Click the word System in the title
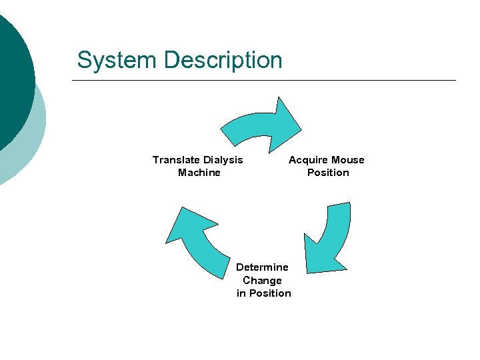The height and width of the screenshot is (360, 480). (117, 60)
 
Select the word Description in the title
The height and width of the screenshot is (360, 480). (223, 61)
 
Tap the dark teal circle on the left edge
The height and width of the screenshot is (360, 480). (12, 73)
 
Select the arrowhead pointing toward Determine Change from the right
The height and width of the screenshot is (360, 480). (319, 256)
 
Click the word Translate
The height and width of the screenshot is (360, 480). (176, 160)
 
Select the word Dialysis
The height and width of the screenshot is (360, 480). (223, 160)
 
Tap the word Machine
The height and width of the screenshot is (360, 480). (199, 173)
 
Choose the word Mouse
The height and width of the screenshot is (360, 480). (347, 160)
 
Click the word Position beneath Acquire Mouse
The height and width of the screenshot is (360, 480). (328, 173)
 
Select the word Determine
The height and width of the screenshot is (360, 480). (262, 267)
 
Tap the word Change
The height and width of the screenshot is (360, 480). (262, 281)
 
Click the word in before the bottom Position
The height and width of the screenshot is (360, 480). (241, 293)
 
